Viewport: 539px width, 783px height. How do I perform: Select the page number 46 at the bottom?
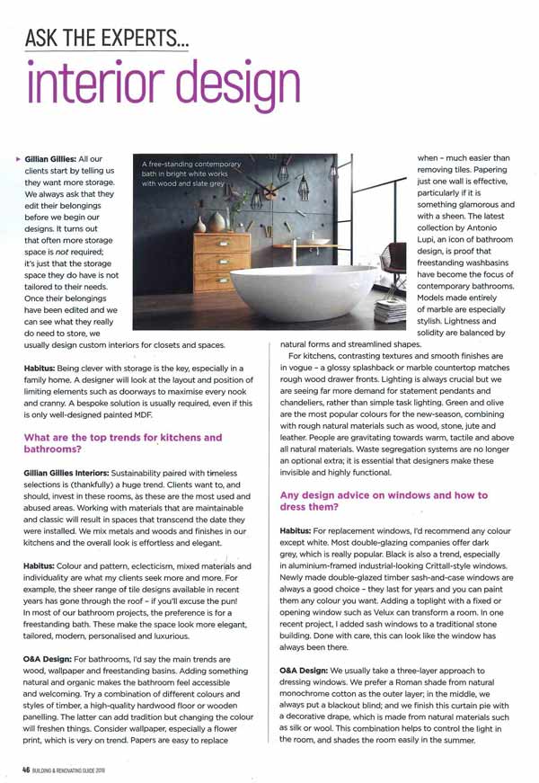click(28, 770)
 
